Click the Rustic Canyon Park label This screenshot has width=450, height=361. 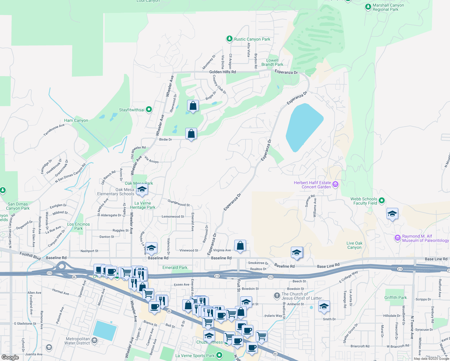pyautogui.click(x=252, y=39)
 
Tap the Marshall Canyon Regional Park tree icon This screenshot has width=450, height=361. pyautogui.click(x=368, y=7)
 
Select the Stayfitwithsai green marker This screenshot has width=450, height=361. pyautogui.click(x=149, y=110)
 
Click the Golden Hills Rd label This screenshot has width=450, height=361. pyautogui.click(x=223, y=72)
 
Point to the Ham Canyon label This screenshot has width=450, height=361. pyautogui.click(x=76, y=120)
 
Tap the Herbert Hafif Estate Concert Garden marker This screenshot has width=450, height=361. pyautogui.click(x=335, y=184)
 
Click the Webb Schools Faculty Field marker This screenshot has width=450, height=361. pyautogui.click(x=382, y=201)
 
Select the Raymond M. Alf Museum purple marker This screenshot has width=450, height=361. pyautogui.click(x=398, y=238)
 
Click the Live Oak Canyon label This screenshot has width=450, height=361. pyautogui.click(x=354, y=245)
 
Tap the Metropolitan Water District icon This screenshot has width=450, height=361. pyautogui.click(x=94, y=341)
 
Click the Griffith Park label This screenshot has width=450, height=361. pyautogui.click(x=396, y=298)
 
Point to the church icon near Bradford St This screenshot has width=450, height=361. pyautogui.click(x=277, y=296)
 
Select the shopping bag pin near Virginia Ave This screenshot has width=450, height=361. pyautogui.click(x=240, y=246)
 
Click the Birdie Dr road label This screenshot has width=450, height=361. pyautogui.click(x=165, y=140)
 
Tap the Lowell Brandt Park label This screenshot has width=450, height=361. pyautogui.click(x=272, y=62)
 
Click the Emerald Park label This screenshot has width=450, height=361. pyautogui.click(x=175, y=267)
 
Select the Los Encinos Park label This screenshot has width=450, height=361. pyautogui.click(x=79, y=226)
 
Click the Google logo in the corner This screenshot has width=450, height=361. pyautogui.click(x=10, y=357)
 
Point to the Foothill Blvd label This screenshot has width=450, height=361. pyautogui.click(x=30, y=256)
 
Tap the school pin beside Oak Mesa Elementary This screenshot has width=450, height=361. pyautogui.click(x=142, y=190)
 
